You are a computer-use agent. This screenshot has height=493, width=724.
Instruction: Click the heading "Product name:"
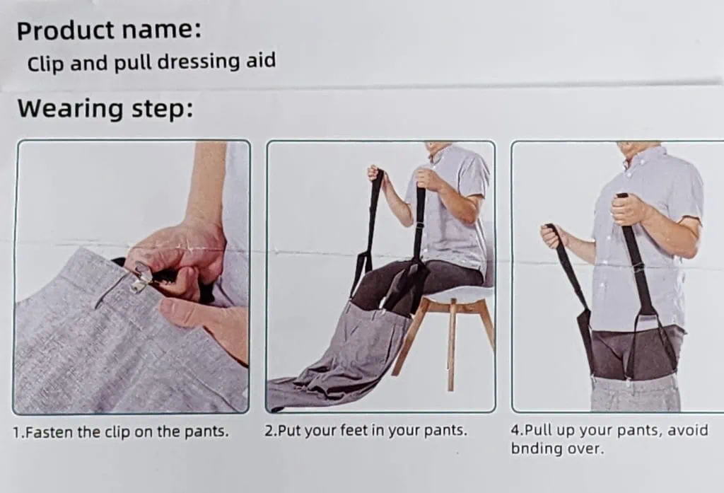pyautogui.click(x=109, y=30)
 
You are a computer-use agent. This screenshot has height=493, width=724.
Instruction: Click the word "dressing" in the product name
pyautogui.click(x=199, y=62)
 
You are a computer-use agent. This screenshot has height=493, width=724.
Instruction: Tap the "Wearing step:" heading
pyautogui.click(x=105, y=108)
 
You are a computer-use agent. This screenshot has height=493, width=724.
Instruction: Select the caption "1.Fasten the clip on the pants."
pyautogui.click(x=121, y=432)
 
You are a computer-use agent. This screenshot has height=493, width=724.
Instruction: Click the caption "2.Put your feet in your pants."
pyautogui.click(x=366, y=431)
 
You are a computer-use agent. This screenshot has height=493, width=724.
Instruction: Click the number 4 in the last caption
pyautogui.click(x=515, y=430)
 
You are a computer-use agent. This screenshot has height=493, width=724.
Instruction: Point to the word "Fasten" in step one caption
pyautogui.click(x=49, y=432)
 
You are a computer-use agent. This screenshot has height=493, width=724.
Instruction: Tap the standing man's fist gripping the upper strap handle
pyautogui.click(x=629, y=209)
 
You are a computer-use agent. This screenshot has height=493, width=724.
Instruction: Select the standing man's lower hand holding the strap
pyautogui.click(x=554, y=237)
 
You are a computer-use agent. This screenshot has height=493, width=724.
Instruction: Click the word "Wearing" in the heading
pyautogui.click(x=70, y=108)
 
